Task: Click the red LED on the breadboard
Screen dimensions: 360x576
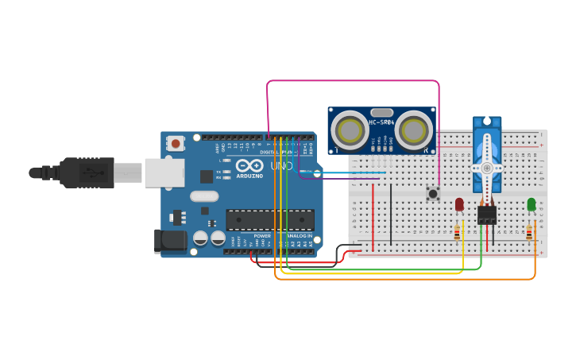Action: point(459,204)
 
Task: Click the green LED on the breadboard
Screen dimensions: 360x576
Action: point(531,204)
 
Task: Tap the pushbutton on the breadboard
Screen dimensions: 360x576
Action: point(433,193)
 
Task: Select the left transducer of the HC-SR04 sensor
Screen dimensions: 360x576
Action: point(349,130)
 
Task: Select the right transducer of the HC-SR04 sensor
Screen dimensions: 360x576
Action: point(414,130)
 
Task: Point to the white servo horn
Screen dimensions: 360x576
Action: point(485,168)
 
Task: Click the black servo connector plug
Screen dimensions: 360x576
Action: point(486,215)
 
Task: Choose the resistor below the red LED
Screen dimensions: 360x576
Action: point(457,233)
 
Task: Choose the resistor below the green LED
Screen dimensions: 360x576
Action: point(529,233)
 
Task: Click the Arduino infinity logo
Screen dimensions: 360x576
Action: point(249,166)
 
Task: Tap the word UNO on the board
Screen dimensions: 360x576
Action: point(282,166)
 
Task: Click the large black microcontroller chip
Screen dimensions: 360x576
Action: point(270,220)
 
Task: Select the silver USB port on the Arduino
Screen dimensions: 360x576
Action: point(164,172)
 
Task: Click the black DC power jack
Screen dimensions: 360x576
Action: point(170,242)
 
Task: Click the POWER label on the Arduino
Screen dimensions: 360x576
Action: point(262,236)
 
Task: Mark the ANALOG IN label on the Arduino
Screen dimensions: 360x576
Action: point(299,236)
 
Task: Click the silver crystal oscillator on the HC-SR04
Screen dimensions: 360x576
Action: point(381,113)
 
